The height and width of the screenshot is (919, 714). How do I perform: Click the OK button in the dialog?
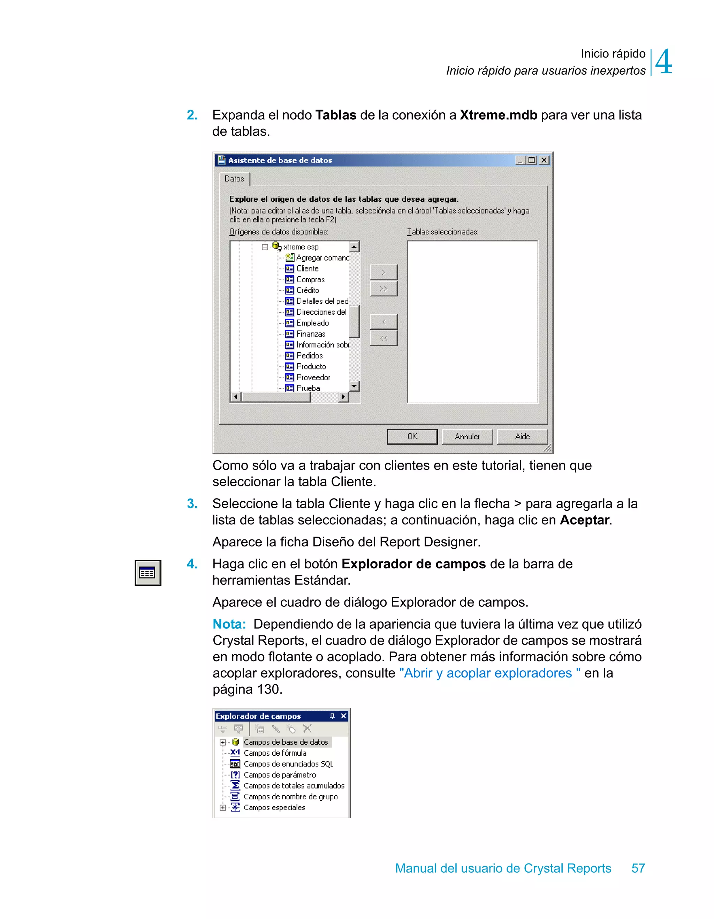coord(412,436)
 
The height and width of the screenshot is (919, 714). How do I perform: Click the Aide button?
coord(522,436)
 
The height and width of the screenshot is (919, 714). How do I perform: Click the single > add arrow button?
coord(383,272)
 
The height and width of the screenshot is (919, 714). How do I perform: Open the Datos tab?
coord(234,179)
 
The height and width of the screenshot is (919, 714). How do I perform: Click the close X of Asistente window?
coord(544,160)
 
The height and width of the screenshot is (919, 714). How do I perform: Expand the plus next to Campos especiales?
coord(223,807)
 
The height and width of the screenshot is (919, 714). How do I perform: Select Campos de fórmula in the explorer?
coord(275,753)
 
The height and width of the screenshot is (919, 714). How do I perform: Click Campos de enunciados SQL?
coord(288,764)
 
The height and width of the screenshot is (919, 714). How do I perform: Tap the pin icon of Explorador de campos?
coord(332,716)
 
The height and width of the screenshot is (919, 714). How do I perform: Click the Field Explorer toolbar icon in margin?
coord(147,573)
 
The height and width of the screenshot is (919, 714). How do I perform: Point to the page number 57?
coord(638,868)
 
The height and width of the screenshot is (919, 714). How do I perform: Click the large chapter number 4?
coord(663,62)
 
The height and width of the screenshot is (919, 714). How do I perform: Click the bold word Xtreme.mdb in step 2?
coord(498,115)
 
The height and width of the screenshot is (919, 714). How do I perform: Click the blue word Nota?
coord(229,624)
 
